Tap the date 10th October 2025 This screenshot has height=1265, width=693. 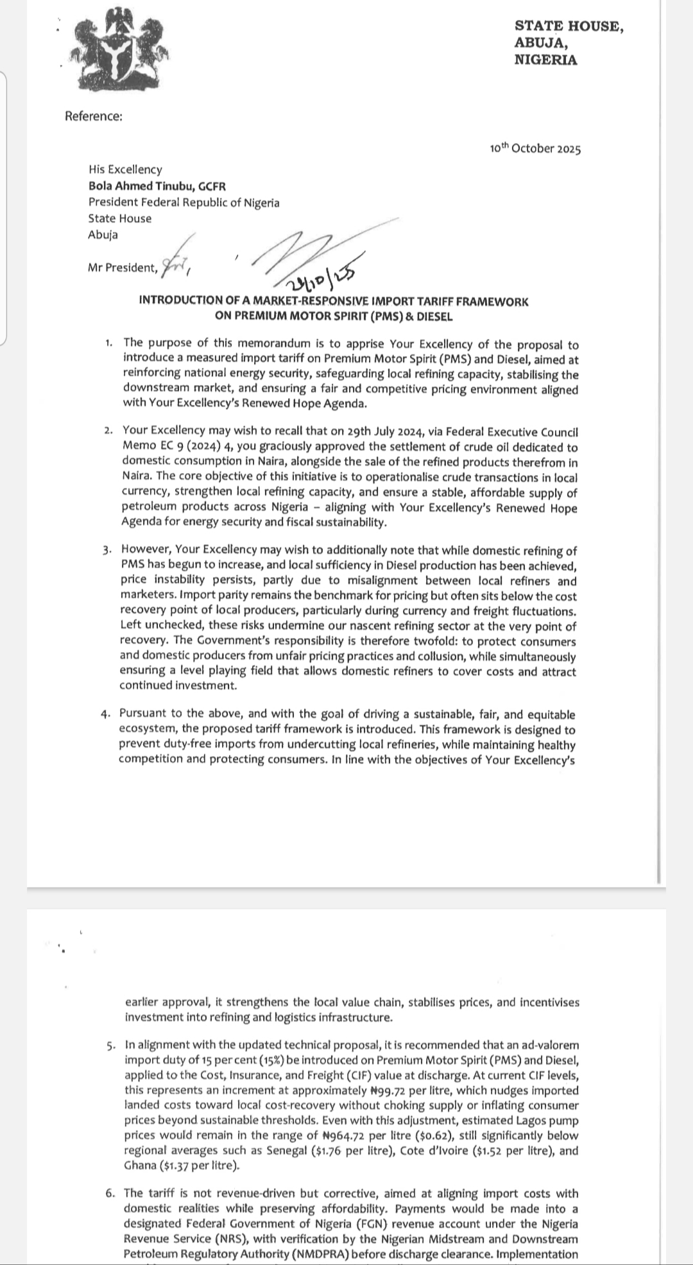(535, 149)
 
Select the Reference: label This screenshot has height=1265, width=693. (94, 116)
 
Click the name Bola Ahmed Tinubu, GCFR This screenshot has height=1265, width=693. (157, 186)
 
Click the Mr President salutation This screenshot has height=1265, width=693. (123, 267)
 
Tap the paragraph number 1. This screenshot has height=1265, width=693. (110, 343)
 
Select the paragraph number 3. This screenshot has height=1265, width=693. (107, 550)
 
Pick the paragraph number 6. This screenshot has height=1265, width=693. (111, 1193)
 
